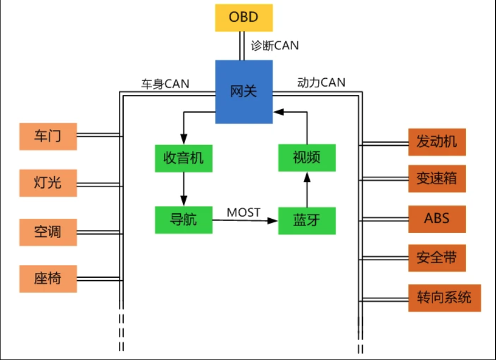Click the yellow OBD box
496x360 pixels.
point(243,17)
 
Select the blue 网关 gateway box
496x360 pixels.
point(244,92)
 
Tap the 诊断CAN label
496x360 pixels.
point(274,46)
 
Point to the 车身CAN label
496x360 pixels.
point(165,84)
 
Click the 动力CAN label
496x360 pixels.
point(321,83)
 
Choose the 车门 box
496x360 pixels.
point(48,136)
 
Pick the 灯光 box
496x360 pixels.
point(48,182)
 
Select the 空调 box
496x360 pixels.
point(48,232)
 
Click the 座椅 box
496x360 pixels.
point(48,278)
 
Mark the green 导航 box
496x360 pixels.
point(184,220)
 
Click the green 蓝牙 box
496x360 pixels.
point(307,220)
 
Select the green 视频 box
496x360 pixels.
point(307,157)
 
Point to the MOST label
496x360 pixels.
point(243,212)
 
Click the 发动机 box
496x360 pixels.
point(437,142)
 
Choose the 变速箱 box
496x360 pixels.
point(437,179)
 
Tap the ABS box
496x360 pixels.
point(437,218)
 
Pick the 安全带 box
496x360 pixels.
point(437,258)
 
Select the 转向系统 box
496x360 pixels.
point(444,298)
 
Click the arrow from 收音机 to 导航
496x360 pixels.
point(183,189)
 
